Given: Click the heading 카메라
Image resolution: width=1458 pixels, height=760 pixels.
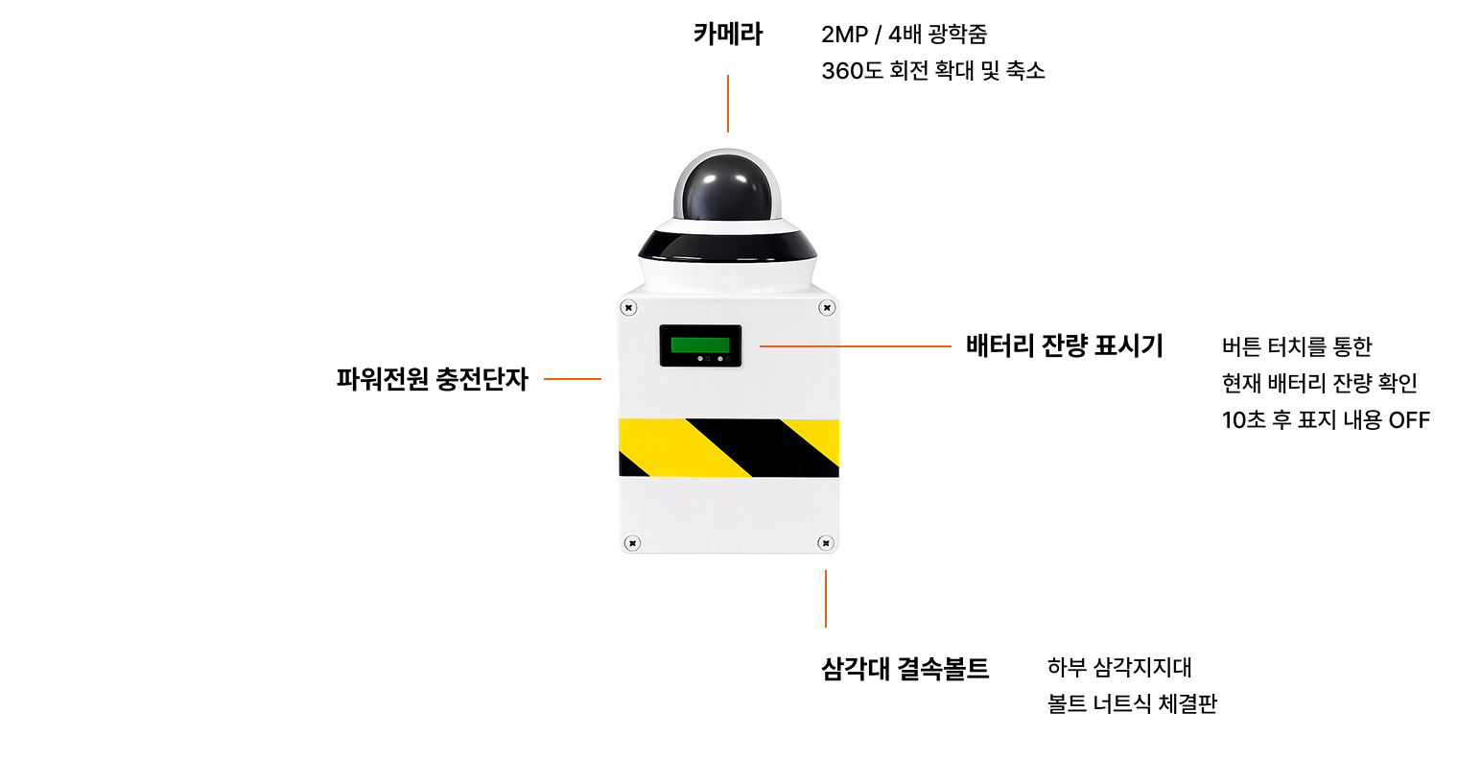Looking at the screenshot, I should click(727, 35).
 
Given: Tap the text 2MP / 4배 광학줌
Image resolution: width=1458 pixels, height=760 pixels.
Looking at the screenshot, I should click(904, 35).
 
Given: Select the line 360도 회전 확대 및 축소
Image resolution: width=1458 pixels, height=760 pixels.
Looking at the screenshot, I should click(932, 71).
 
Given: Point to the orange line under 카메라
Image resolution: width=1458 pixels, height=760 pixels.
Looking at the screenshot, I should click(728, 104).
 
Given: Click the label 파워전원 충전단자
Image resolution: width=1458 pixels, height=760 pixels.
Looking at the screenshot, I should click(432, 379).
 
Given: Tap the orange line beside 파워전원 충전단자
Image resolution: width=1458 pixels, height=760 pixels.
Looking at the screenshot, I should click(573, 379).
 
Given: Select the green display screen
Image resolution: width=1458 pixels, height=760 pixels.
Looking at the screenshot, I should click(700, 344).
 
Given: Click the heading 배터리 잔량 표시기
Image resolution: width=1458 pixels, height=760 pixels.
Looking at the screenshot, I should click(1064, 345).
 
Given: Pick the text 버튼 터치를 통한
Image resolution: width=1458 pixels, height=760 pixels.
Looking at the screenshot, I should click(1297, 346).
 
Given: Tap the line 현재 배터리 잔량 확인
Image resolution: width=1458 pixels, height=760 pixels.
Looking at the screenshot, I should click(1319, 383).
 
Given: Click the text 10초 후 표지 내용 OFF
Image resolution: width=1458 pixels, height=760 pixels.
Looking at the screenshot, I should click(1326, 420).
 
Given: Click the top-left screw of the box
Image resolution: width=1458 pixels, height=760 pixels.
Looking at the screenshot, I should click(628, 308).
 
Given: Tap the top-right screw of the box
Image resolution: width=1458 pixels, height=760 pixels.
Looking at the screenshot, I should click(826, 308).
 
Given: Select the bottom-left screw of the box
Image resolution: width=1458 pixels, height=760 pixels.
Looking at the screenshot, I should click(632, 543).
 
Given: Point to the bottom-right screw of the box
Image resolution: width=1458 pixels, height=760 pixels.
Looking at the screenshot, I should click(825, 543).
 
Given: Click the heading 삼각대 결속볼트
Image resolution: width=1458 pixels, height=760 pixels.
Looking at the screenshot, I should click(905, 669).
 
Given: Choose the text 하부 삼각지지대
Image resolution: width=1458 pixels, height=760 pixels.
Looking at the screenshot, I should click(1119, 667).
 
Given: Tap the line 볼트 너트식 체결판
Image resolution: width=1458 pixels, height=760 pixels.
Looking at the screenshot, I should click(1132, 703).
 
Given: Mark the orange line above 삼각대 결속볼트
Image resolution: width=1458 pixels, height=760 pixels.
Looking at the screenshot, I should click(826, 599).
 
